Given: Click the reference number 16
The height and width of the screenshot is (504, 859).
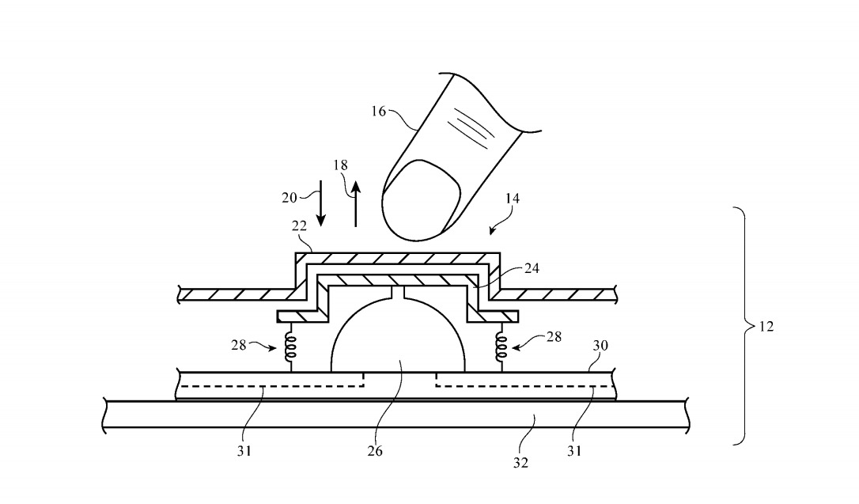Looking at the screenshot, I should tap(378, 112).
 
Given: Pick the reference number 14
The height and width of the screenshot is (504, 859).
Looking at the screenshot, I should tap(512, 199).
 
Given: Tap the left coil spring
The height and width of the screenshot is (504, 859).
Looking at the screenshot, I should tap(290, 345).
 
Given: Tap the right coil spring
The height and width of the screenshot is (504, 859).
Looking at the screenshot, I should tap(500, 345).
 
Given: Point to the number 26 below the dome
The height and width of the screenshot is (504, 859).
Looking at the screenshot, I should tap(374, 451).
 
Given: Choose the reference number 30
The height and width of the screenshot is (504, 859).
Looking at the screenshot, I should tap(601, 345).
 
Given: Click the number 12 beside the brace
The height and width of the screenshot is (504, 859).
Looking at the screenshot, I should tap(766, 326).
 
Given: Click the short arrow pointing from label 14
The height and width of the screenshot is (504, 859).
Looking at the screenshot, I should tap(496, 228).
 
